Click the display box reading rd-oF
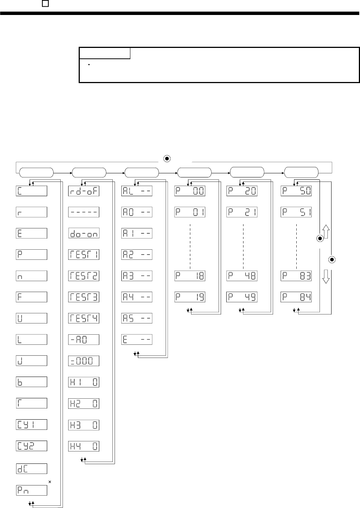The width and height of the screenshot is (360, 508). pyautogui.click(x=84, y=191)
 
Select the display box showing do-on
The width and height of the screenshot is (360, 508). pyautogui.click(x=84, y=233)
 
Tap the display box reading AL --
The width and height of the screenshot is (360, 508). pyautogui.click(x=137, y=191)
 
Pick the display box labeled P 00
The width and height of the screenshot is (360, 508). pyautogui.click(x=190, y=191)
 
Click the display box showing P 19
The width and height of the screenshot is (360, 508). pyautogui.click(x=190, y=297)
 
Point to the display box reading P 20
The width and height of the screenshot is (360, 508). pyautogui.click(x=242, y=191)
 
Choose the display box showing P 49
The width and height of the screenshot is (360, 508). pyautogui.click(x=242, y=297)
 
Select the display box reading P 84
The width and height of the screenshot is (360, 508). pyautogui.click(x=296, y=297)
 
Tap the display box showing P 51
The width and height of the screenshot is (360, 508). pyautogui.click(x=296, y=212)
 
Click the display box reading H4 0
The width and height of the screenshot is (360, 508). pyautogui.click(x=84, y=446)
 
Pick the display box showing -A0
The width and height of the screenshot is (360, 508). pyautogui.click(x=84, y=340)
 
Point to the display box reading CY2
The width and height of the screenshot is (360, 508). pyautogui.click(x=31, y=446)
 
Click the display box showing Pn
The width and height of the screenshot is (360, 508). pyautogui.click(x=31, y=490)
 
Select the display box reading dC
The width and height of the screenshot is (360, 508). pyautogui.click(x=31, y=469)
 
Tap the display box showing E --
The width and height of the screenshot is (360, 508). pyautogui.click(x=137, y=340)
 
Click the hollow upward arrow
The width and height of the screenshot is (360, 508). pyautogui.click(x=326, y=232)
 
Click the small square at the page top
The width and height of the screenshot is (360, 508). pyautogui.click(x=45, y=3)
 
